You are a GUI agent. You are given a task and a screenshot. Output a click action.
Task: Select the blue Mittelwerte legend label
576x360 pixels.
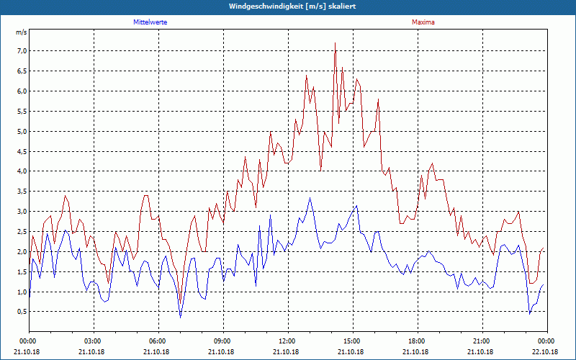[x=150, y=22]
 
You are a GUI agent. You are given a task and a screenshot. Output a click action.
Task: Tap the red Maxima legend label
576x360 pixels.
[x=423, y=22]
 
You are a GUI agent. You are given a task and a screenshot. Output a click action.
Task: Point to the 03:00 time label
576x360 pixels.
[x=94, y=341]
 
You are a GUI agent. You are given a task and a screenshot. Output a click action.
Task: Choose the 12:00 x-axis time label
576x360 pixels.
[x=287, y=341]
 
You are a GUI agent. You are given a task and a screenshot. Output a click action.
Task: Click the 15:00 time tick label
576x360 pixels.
[x=352, y=341]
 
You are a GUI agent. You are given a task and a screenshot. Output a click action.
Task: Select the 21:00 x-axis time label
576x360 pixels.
[x=482, y=341]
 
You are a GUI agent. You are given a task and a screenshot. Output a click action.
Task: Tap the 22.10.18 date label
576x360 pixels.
[x=546, y=351]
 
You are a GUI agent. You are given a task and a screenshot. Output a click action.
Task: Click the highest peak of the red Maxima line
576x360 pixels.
[x=335, y=43]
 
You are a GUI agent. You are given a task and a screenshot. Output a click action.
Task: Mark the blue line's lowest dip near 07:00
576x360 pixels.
[x=180, y=317]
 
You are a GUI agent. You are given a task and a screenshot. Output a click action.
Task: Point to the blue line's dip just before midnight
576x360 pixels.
[x=530, y=313]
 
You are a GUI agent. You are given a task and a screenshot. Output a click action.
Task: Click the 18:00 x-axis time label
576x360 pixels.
[x=417, y=341]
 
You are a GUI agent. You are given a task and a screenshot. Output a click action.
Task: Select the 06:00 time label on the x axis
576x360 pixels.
[x=158, y=341]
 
